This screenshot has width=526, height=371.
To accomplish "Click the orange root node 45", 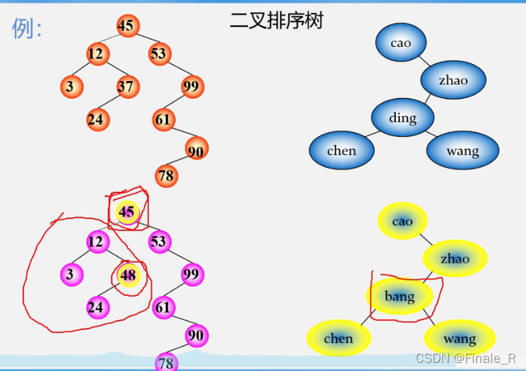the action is (126, 26).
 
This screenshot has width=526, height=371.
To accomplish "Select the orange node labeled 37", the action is (125, 86).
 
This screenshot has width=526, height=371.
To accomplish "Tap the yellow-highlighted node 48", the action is (128, 276).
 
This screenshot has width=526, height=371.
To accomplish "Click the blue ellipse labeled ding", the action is (403, 118).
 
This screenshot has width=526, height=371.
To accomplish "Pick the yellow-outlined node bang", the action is (399, 296).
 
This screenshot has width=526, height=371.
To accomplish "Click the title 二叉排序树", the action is (276, 20).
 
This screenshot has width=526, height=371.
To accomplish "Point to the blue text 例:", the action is (27, 28).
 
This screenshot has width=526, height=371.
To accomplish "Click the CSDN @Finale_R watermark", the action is (466, 358).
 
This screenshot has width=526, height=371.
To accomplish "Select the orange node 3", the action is (70, 86).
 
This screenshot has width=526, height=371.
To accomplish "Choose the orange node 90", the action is (196, 151).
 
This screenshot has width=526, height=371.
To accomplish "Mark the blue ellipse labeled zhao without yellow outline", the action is (453, 80).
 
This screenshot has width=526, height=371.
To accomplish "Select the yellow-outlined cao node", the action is (403, 221).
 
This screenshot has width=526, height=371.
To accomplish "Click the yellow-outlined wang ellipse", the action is (460, 338).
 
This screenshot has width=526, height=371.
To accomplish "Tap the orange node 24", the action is (96, 120).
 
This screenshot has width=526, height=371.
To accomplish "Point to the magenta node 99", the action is (193, 275).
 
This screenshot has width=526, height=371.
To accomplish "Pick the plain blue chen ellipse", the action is (341, 151).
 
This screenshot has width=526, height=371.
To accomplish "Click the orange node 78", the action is (166, 176).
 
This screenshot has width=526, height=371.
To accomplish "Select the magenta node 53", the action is (159, 242).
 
